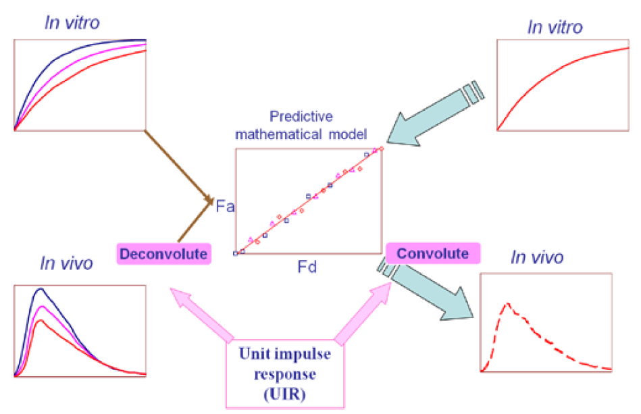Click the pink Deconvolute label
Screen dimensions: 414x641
coord(164,254)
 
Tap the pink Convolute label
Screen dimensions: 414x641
coord(432,254)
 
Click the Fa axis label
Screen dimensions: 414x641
coord(225,206)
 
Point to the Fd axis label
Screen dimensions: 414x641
coord(307,267)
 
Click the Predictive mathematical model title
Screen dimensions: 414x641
coord(301,125)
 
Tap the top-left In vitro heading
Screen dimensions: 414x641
coord(72,22)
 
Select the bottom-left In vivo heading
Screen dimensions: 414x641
coord(66,263)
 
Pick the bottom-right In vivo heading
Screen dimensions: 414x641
coord(537,257)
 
